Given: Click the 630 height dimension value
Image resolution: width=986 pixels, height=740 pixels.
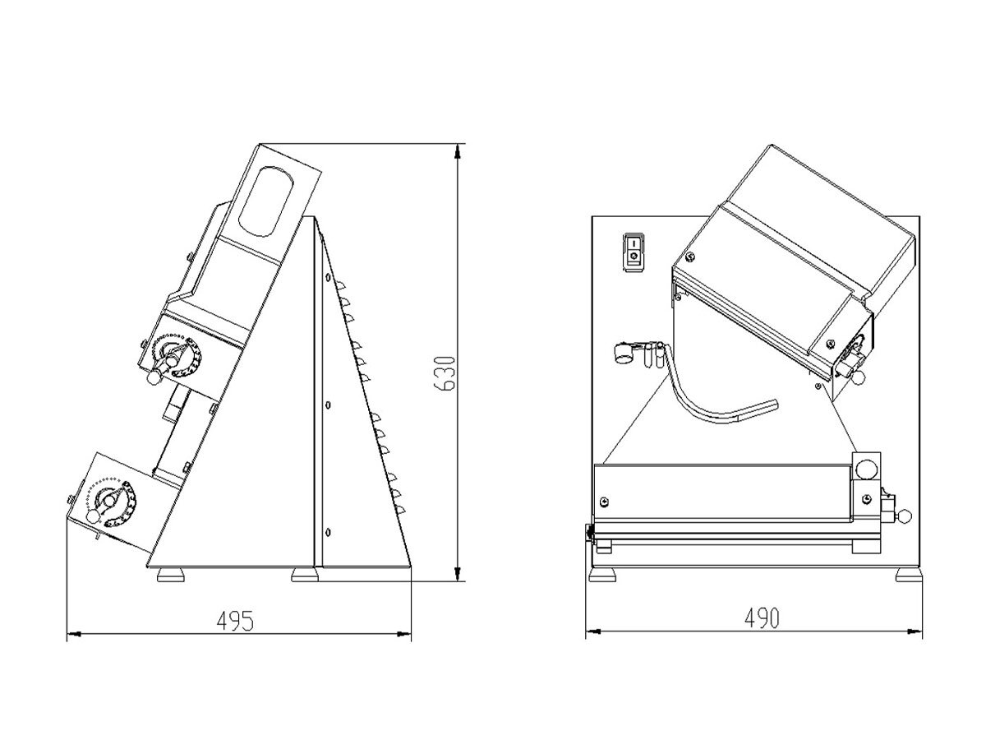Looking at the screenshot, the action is [x=445, y=373].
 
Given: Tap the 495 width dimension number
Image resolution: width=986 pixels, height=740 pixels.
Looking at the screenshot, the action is [x=235, y=621].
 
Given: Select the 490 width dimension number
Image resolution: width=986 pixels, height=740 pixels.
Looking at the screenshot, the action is [x=762, y=618].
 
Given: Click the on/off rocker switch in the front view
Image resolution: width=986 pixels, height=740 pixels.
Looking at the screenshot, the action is [x=634, y=252].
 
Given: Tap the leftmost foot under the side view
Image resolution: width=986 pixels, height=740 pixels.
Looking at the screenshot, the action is [x=171, y=576].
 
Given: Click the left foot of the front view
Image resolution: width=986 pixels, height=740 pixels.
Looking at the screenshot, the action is [x=602, y=576].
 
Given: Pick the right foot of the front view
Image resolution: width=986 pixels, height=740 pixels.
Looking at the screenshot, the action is [x=910, y=576].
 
